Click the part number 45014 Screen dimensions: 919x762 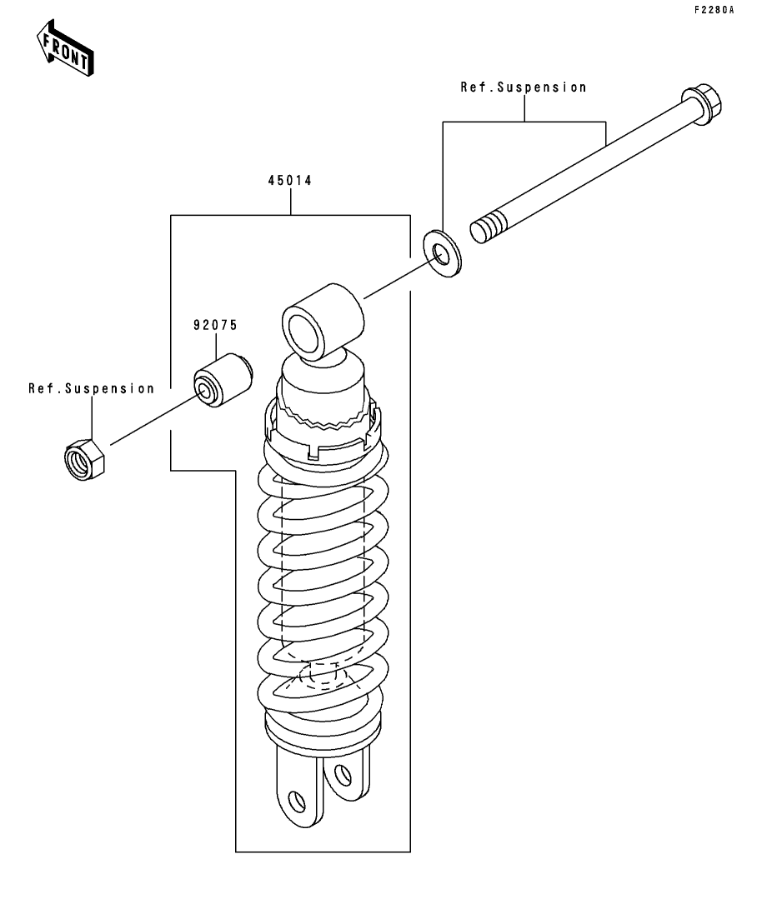[x=289, y=180]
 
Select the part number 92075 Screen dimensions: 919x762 [x=216, y=324]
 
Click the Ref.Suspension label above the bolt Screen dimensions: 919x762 [x=524, y=87]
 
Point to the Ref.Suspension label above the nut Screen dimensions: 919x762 [x=92, y=388]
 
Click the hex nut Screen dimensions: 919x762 [x=83, y=457]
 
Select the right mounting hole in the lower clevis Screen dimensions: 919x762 [x=341, y=777]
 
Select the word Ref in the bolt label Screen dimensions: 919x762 [x=473, y=87]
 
